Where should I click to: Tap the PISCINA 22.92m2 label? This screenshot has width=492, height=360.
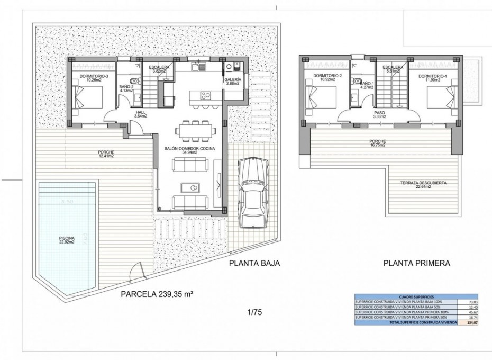(67, 241)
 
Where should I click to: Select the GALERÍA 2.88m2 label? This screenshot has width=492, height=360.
(233, 81)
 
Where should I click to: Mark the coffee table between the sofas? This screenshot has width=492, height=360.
(189, 188)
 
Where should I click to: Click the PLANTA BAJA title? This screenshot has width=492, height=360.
(253, 263)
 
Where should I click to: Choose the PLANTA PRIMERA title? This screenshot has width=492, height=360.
(416, 263)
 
